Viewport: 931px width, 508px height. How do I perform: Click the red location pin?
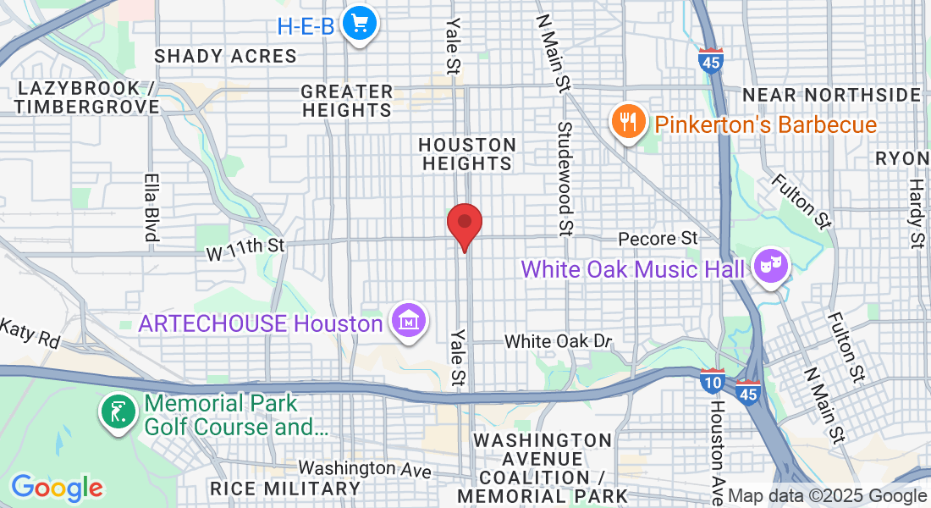tap(465, 224)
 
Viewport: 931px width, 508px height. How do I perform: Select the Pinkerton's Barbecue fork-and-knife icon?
tap(627, 123)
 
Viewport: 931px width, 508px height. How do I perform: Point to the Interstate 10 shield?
tap(711, 382)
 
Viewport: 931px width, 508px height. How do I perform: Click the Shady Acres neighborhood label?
tap(225, 56)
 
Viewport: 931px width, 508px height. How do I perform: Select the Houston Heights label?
tap(466, 154)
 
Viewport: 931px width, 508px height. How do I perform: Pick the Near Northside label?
tap(830, 94)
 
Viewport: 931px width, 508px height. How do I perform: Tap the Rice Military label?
tap(285, 489)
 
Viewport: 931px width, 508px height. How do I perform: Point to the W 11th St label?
tap(246, 246)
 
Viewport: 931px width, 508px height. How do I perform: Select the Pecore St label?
tap(657, 240)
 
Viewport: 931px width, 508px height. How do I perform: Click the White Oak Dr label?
tap(558, 341)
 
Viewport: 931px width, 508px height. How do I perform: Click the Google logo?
tap(57, 488)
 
